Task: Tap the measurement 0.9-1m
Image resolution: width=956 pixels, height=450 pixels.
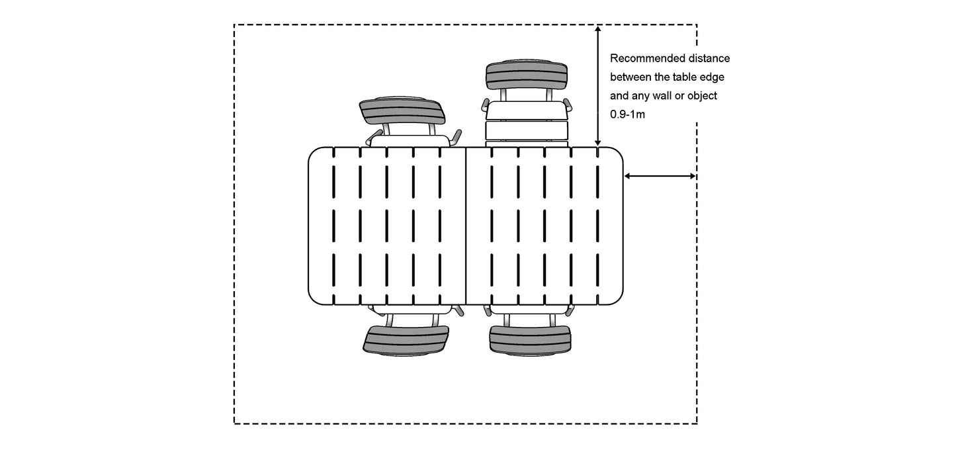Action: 628,114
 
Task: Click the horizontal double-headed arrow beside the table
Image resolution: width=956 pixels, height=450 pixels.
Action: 660,176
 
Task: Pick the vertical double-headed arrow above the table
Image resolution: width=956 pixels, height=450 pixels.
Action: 597,86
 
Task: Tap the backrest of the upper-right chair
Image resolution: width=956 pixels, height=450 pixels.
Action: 527,75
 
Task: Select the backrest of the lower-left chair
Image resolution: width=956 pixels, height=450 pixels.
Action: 406,339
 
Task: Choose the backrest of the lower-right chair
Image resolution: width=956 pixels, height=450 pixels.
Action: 530,339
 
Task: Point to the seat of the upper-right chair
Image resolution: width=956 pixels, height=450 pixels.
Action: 527,122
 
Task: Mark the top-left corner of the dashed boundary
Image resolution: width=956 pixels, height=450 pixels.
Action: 235,25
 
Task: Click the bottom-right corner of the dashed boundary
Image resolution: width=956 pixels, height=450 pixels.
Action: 697,423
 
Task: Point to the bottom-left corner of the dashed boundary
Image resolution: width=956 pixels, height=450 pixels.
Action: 235,423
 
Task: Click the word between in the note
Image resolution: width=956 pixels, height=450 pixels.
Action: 630,77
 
